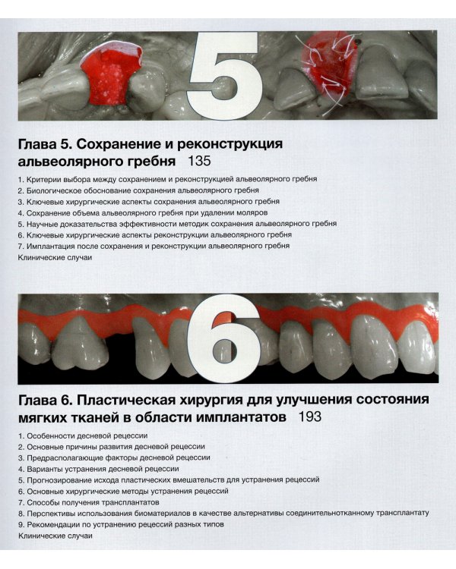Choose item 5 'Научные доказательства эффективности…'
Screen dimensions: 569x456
pos(176,225)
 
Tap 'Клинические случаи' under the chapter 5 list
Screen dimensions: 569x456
pos(54,258)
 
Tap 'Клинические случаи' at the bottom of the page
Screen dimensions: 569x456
pos(54,536)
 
